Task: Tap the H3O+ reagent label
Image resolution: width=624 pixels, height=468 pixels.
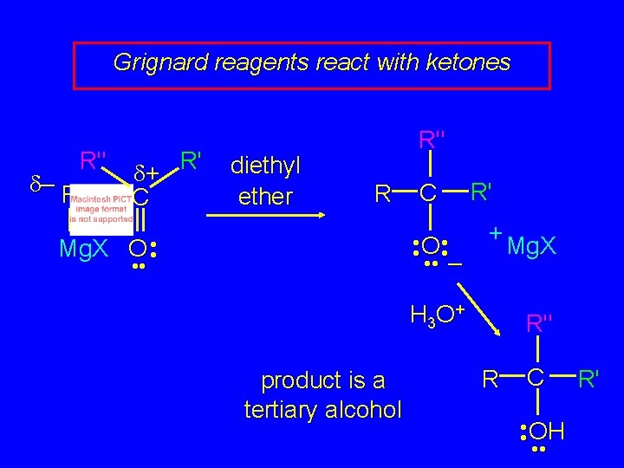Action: point(439,313)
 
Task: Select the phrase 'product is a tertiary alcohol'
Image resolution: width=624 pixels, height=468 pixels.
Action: point(323,394)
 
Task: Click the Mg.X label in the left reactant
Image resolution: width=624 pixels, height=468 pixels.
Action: point(85,250)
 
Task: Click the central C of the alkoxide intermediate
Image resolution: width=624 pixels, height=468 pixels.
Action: point(428,194)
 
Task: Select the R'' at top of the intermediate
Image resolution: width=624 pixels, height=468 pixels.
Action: point(431,139)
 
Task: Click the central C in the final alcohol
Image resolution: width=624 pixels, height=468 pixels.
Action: point(537,377)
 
